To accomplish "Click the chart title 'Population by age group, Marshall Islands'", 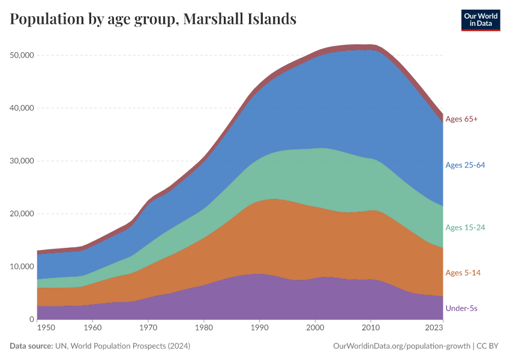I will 153,19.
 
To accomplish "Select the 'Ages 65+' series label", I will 461,119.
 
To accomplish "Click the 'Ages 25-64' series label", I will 465,165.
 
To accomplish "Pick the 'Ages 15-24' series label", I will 465,227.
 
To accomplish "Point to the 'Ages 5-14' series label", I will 463,272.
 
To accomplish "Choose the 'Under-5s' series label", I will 461,308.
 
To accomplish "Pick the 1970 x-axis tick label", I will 148,328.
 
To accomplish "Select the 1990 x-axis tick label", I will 260,328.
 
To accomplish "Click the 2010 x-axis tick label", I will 371,328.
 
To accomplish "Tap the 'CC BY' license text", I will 488,346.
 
